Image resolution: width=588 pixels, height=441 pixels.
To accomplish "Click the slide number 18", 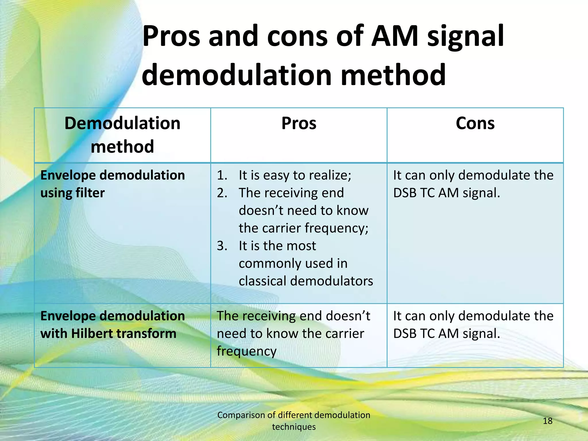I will pyautogui.click(x=548, y=421).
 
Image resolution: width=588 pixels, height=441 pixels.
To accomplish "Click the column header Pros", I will pyautogui.click(x=299, y=123).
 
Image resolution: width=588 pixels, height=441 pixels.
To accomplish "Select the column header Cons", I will pyautogui.click(x=475, y=123).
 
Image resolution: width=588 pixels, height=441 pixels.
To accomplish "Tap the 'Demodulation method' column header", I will pyautogui.click(x=122, y=135).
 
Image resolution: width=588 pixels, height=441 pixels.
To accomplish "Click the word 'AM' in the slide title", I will pyautogui.click(x=394, y=36).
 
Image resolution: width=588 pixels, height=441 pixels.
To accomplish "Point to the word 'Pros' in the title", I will pyautogui.click(x=171, y=36).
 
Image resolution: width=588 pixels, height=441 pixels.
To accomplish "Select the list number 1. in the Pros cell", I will pyautogui.click(x=222, y=175).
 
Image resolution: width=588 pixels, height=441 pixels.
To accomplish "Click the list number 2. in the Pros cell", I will pyautogui.click(x=222, y=193).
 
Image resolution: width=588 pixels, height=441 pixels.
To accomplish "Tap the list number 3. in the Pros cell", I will pyautogui.click(x=222, y=246).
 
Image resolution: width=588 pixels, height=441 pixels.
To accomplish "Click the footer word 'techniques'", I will pyautogui.click(x=294, y=427).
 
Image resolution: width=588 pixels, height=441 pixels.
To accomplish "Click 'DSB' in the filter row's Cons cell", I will pyautogui.click(x=404, y=193).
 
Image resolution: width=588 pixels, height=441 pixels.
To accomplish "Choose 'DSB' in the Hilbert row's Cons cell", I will pyautogui.click(x=404, y=334).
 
